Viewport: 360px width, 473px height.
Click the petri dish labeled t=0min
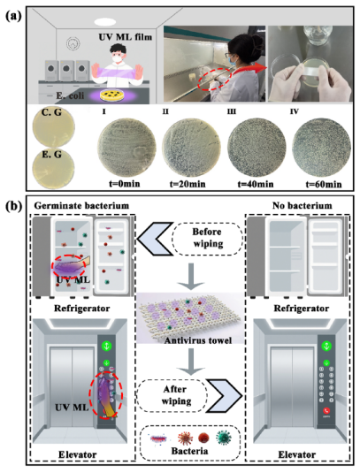pyautogui.click(x=126, y=148)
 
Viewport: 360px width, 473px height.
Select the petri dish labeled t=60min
pyautogui.click(x=322, y=148)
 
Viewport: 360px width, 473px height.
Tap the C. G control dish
pyautogui.click(x=53, y=126)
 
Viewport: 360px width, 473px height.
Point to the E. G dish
pyautogui.click(x=53, y=168)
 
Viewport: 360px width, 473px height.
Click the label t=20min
pyautogui.click(x=188, y=184)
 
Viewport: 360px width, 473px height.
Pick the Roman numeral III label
pyautogui.click(x=232, y=111)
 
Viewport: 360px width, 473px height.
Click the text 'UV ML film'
pyautogui.click(x=126, y=37)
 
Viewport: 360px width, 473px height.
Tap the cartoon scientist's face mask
pyautogui.click(x=117, y=58)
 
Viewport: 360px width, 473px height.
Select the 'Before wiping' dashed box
pyautogui.click(x=208, y=239)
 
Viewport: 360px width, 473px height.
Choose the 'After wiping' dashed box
pyautogui.click(x=172, y=395)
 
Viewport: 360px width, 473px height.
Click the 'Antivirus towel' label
pyautogui.click(x=198, y=340)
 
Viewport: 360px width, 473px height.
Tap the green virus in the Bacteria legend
pyautogui.click(x=224, y=438)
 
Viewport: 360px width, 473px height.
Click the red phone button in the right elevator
pyautogui.click(x=326, y=410)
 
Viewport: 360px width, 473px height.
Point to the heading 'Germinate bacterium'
pyautogui.click(x=81, y=206)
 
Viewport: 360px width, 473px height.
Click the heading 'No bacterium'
pyautogui.click(x=302, y=206)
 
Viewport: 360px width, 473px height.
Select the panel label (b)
pyautogui.click(x=14, y=207)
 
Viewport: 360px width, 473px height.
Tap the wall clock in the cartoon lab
pyautogui.click(x=73, y=43)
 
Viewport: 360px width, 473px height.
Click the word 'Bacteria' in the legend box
pyautogui.click(x=189, y=451)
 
